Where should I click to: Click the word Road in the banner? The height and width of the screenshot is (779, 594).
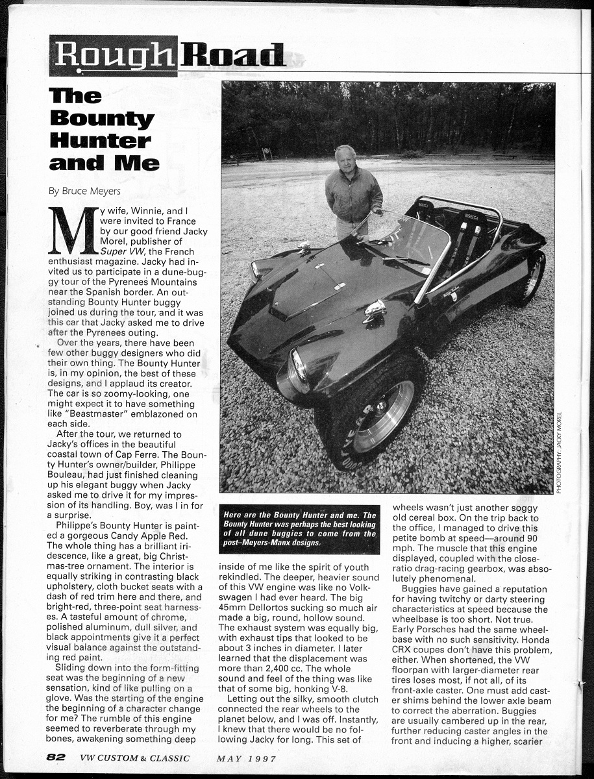tap(232, 56)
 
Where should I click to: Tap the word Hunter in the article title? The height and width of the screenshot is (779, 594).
tap(100, 140)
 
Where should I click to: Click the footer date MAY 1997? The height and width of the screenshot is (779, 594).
tap(247, 758)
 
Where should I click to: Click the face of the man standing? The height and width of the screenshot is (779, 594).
tap(345, 158)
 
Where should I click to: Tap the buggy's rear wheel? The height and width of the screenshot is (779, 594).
tap(534, 275)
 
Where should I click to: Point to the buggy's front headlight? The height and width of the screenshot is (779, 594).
tap(299, 367)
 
